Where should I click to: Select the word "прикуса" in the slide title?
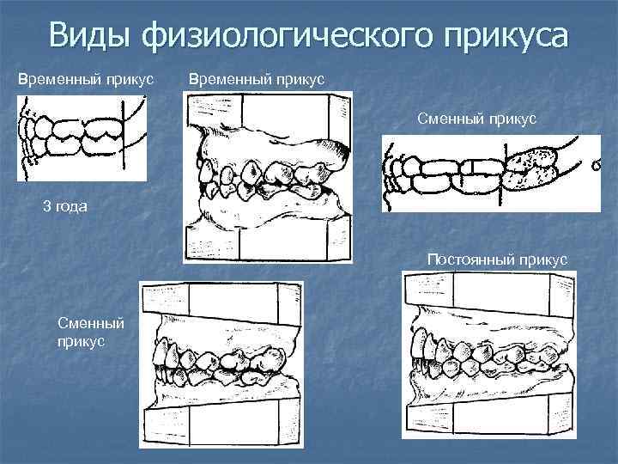pyautogui.click(x=506, y=36)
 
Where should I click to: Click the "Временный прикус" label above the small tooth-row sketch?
pyautogui.click(x=87, y=78)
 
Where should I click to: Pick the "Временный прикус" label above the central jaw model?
pyautogui.click(x=256, y=78)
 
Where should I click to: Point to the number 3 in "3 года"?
pyautogui.click(x=47, y=206)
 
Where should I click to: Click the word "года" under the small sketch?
pyautogui.click(x=70, y=206)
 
